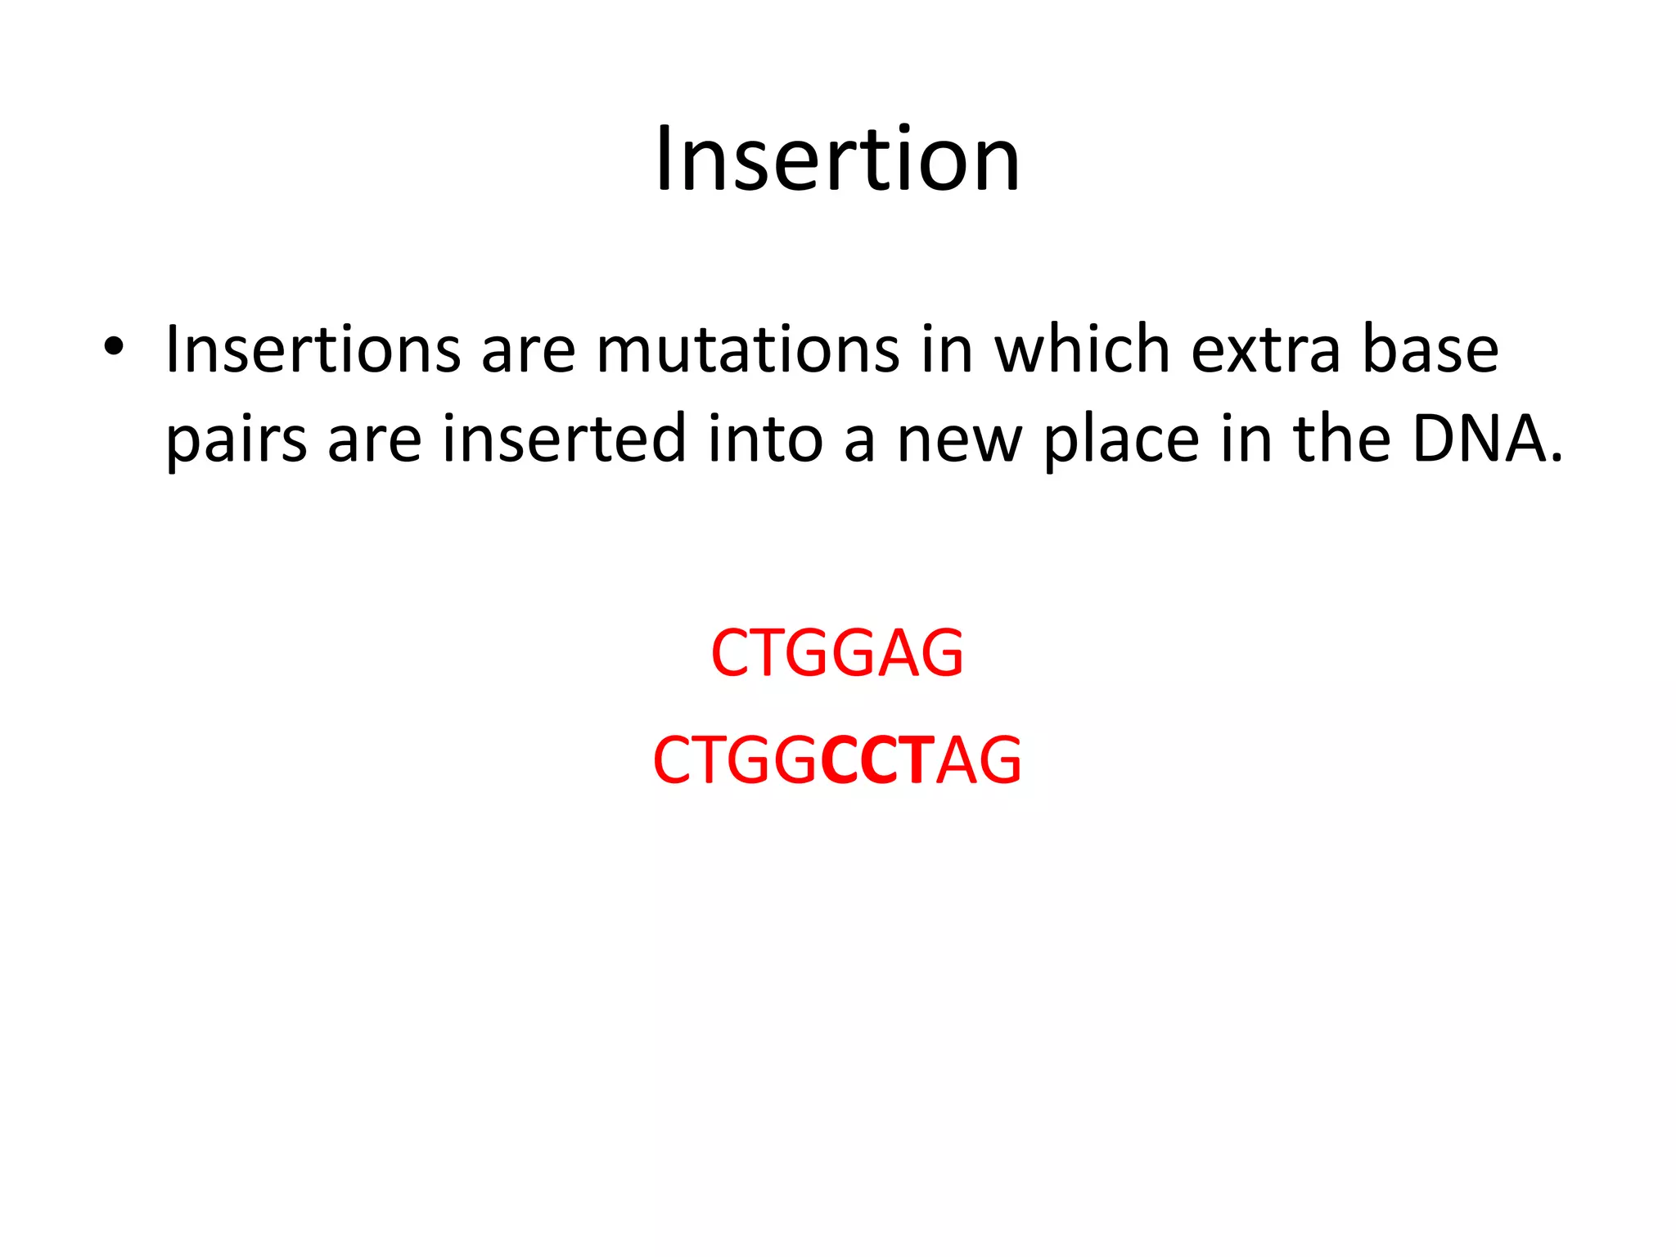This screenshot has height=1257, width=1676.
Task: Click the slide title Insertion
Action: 837,159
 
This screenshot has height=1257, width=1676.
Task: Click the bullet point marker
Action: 114,348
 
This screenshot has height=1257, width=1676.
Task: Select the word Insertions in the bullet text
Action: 313,350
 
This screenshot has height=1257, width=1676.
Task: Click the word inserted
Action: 564,439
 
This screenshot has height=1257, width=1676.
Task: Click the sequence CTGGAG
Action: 837,653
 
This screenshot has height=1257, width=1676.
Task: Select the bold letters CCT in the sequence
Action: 876,760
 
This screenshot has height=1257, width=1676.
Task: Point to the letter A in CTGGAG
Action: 901,653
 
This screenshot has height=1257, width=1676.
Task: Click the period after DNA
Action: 1556,458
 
